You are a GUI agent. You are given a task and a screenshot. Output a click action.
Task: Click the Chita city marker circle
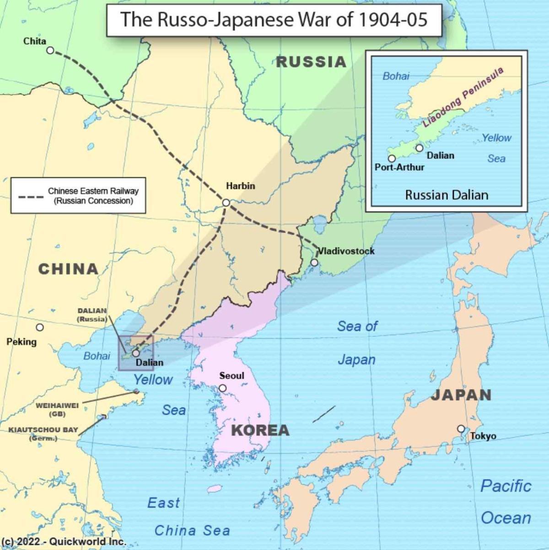[50, 50]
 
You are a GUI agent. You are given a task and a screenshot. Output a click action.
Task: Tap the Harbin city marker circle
[226, 203]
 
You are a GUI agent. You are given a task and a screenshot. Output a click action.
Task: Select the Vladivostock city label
[346, 251]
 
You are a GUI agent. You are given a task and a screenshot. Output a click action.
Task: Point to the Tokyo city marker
[461, 429]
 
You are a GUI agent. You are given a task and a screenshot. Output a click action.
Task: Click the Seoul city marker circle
[223, 388]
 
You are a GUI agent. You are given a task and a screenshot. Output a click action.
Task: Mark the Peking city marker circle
[40, 327]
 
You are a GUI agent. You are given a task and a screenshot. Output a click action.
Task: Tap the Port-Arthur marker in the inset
[392, 159]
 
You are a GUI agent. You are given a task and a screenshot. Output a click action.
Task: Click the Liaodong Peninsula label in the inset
[463, 97]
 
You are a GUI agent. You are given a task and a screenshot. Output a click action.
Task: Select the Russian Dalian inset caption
[447, 195]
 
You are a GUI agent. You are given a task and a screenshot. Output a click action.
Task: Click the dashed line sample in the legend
[31, 197]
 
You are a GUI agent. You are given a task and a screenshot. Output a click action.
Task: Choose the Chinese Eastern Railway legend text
[93, 196]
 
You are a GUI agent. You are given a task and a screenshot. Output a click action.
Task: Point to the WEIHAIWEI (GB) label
[57, 409]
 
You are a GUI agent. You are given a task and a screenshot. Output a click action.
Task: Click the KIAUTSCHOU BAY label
[43, 430]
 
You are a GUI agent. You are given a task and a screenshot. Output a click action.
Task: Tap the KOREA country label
[260, 430]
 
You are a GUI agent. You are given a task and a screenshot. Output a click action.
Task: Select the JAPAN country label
[461, 395]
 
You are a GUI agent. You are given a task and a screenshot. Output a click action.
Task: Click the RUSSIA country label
[311, 62]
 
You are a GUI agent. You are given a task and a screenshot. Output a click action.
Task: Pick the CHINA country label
[68, 269]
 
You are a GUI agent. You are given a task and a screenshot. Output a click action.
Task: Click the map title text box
[274, 20]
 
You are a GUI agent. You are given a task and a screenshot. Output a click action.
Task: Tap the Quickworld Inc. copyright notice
[63, 541]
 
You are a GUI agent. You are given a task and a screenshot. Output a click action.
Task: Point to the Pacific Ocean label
[506, 502]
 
